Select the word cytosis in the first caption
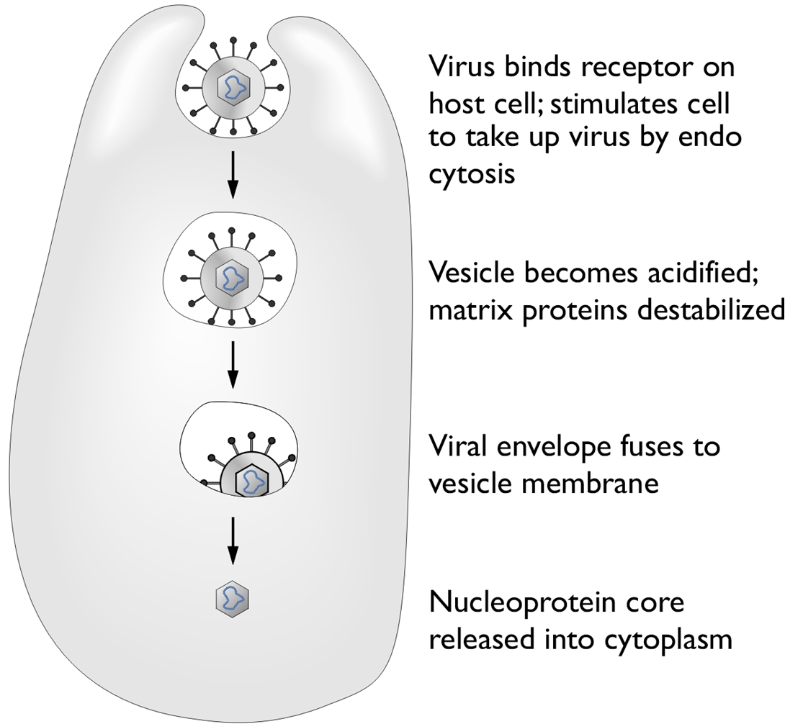pyautogui.click(x=472, y=175)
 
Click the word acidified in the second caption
pyautogui.click(x=702, y=273)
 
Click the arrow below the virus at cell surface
pyautogui.click(x=233, y=175)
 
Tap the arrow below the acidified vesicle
pyautogui.click(x=233, y=365)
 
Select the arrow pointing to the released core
pyautogui.click(x=233, y=540)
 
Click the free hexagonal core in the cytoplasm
pyautogui.click(x=233, y=598)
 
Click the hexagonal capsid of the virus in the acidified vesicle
pyautogui.click(x=232, y=277)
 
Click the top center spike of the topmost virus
pyautogui.click(x=233, y=48)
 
